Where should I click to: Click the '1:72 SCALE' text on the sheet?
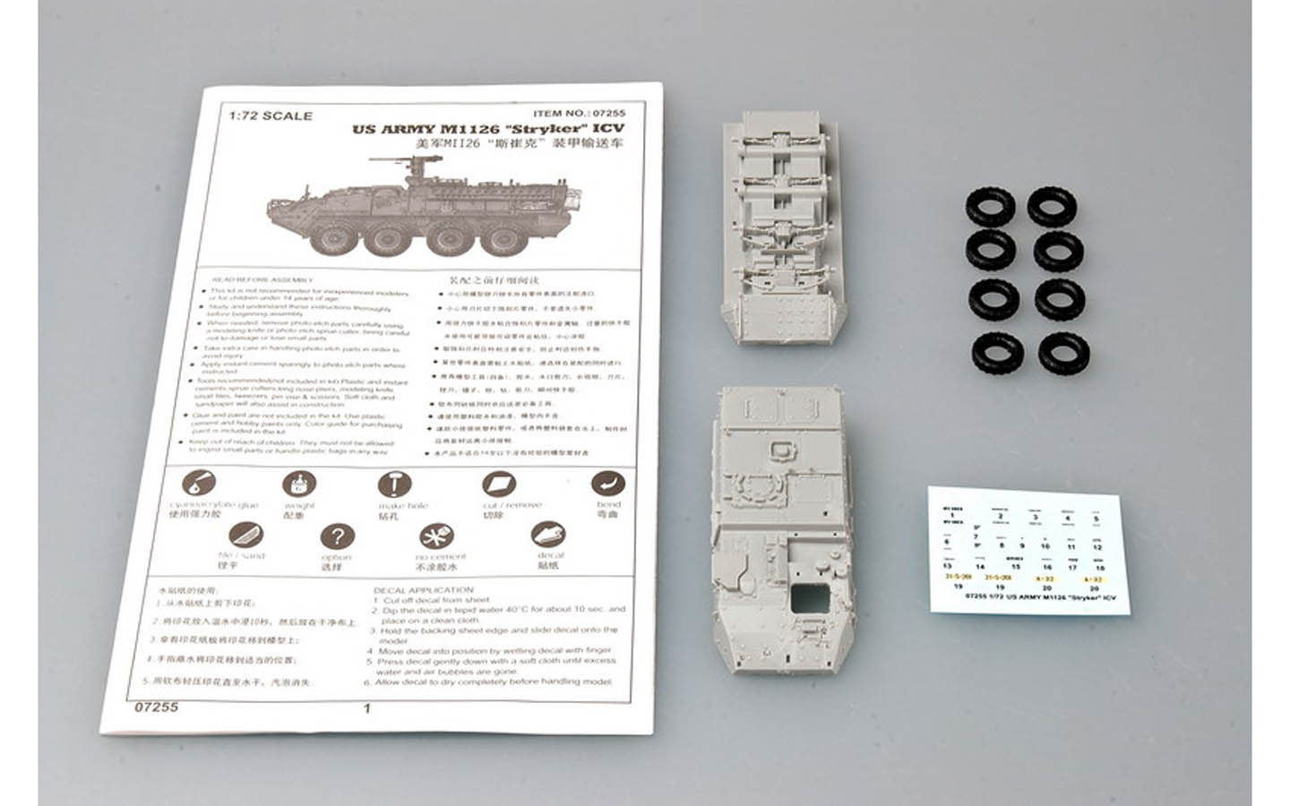coord(271,116)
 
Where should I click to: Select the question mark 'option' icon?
coord(337,537)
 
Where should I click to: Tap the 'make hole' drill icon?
coord(393,485)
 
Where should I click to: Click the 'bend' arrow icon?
coord(608,484)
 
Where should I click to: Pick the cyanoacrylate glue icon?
coord(199,484)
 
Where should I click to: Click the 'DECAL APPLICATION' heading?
coord(424,590)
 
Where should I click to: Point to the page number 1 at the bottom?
coord(366,708)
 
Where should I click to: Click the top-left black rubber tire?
coord(989,209)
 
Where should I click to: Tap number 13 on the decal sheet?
coord(948,566)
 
